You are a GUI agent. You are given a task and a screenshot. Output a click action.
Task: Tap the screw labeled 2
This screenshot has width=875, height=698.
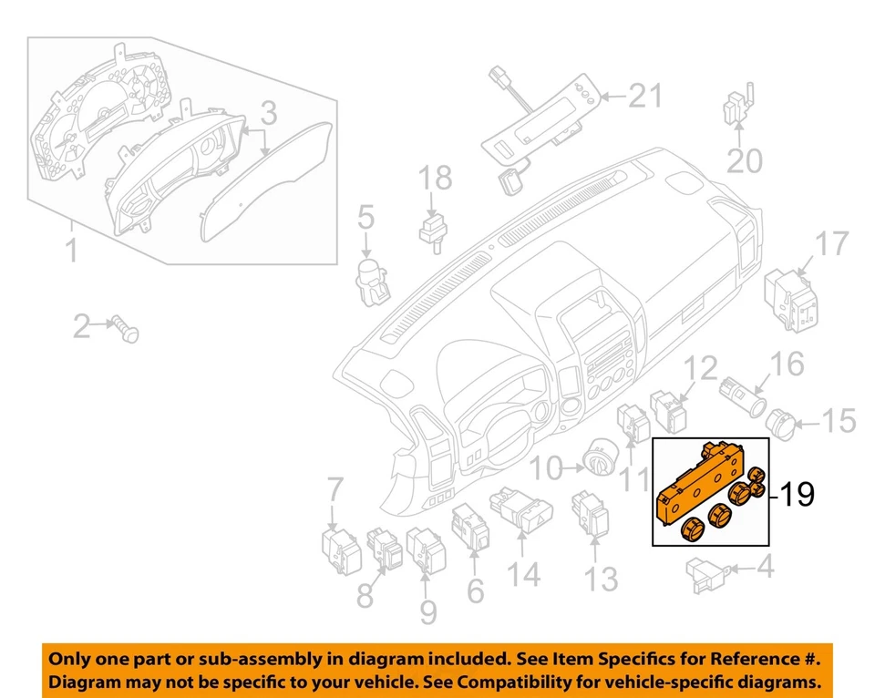[126, 326]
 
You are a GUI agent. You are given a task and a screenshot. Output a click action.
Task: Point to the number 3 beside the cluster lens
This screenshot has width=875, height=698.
[269, 115]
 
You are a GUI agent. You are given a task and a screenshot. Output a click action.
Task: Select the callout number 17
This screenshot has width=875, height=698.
[830, 243]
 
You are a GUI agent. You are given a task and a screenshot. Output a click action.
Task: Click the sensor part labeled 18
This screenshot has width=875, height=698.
[432, 229]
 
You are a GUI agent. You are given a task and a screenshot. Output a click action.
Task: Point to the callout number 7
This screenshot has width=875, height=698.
[335, 490]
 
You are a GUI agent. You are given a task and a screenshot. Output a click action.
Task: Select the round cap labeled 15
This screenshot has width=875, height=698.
[779, 420]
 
